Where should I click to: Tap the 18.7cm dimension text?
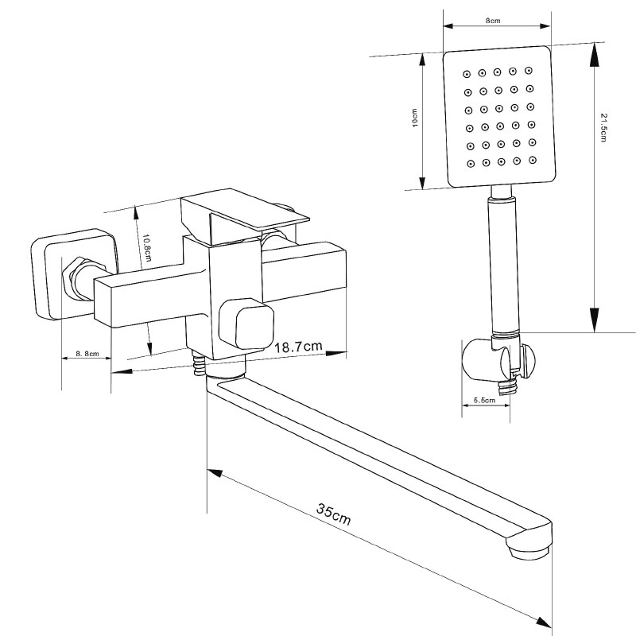[x=298, y=347]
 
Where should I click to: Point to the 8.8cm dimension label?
[x=87, y=353]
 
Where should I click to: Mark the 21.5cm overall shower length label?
[x=605, y=127]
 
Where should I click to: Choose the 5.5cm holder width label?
[x=483, y=401]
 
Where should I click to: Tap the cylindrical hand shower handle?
[x=502, y=262]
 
